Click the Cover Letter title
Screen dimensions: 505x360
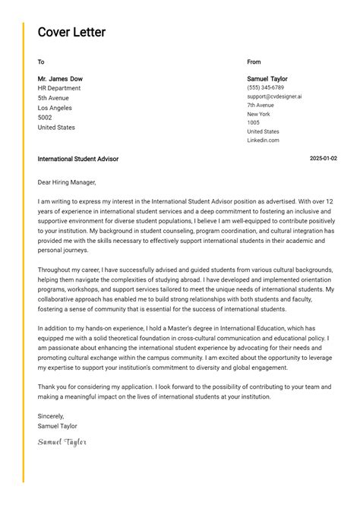coord(71,33)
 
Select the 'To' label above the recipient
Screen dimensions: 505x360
coord(41,62)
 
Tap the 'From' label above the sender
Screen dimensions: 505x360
coord(254,62)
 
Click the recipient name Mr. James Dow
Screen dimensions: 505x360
coord(60,79)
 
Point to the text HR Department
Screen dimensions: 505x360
coord(58,88)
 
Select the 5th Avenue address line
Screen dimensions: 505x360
coord(53,98)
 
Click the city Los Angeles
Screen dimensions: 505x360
coord(55,108)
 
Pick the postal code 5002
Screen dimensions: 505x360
coord(45,118)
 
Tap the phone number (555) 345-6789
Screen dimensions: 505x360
coord(265,88)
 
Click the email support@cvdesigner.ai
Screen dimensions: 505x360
coord(274,96)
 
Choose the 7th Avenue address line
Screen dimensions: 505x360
coord(261,106)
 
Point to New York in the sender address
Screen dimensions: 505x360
coord(258,114)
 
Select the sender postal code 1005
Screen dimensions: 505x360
coord(253,123)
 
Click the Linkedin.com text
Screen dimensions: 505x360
coord(263,140)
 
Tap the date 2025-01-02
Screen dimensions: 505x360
coord(324,159)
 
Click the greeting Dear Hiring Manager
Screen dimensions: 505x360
coord(67,182)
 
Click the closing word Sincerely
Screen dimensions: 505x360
coord(51,416)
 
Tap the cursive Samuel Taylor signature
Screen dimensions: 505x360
coord(62,442)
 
